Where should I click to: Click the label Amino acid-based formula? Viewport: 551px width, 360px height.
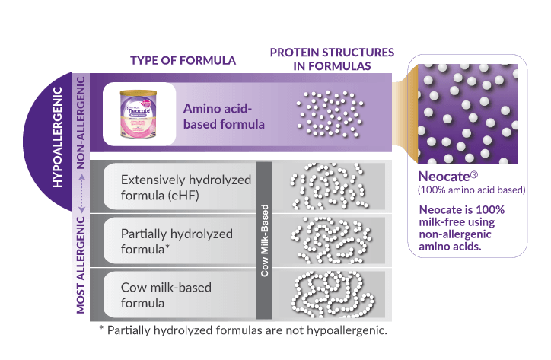224,116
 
